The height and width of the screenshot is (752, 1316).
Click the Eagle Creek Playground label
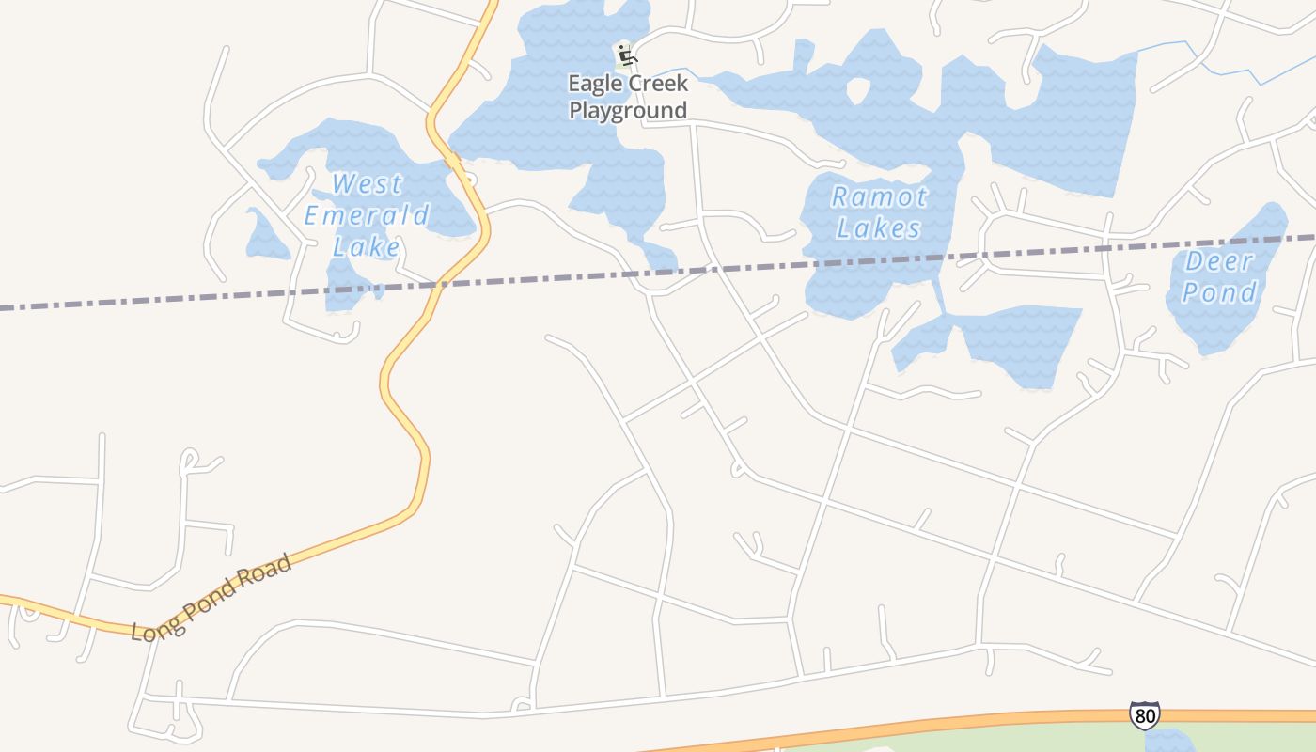click(628, 97)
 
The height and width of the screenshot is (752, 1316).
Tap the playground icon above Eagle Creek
click(626, 55)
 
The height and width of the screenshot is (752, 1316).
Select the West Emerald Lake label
click(367, 215)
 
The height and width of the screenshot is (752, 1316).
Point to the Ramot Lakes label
click(879, 212)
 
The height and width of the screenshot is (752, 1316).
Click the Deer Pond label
click(1219, 277)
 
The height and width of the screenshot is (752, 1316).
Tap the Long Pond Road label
click(211, 599)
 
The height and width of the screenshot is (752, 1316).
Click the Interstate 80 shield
click(1144, 715)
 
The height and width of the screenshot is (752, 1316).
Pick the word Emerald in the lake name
click(367, 215)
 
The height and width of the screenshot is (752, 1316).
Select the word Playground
click(628, 111)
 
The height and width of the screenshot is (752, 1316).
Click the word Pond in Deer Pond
click(1219, 293)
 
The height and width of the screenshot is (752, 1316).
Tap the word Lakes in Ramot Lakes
click(879, 228)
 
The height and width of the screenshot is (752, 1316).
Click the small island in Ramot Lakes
click(858, 90)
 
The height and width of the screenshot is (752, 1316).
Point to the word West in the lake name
click(367, 184)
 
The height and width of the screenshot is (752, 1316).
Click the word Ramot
click(879, 197)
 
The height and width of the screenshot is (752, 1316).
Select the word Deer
click(1219, 261)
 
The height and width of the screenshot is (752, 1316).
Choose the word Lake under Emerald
click(367, 247)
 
